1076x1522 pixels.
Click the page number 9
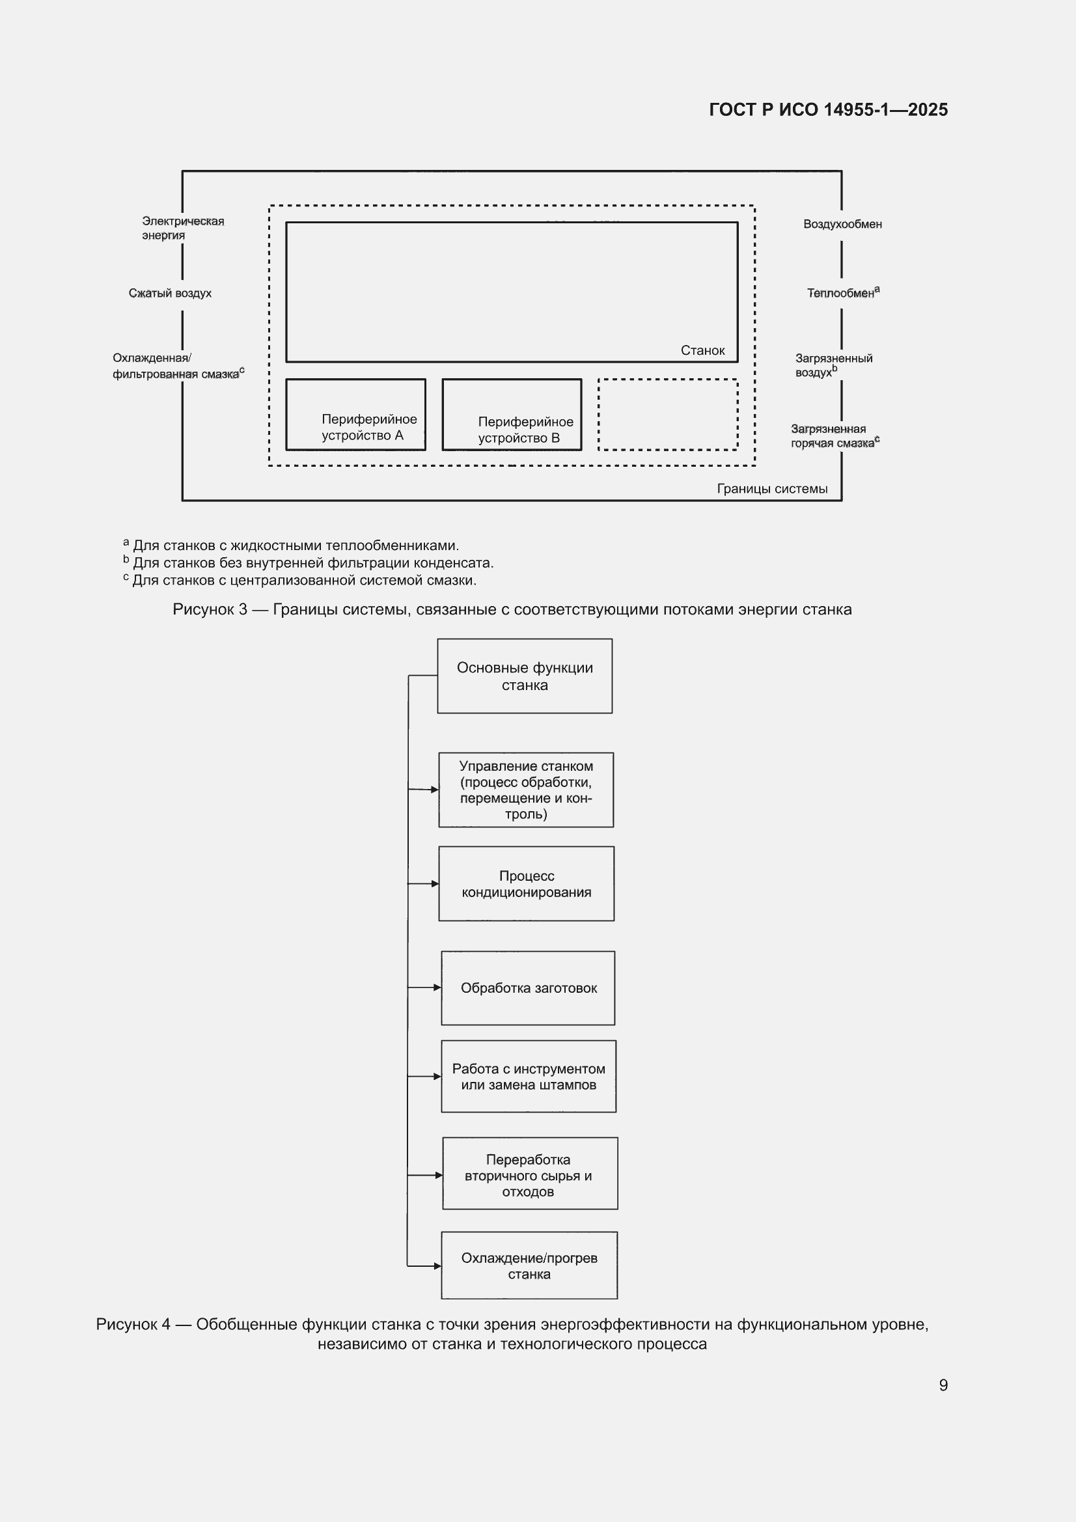[943, 1385]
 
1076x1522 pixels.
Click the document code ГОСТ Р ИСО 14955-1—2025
[828, 109]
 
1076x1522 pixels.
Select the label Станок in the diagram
[703, 350]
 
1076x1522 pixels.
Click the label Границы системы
[773, 488]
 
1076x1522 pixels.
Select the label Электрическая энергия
[183, 228]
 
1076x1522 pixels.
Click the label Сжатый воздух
[171, 293]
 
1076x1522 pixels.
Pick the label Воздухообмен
[842, 224]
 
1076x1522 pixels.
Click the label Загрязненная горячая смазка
[835, 436]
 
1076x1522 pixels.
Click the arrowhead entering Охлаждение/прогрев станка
[437, 1266]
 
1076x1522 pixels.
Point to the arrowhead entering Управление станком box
[435, 790]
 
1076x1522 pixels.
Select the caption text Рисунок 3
[210, 609]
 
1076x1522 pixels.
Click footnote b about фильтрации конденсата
[309, 563]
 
